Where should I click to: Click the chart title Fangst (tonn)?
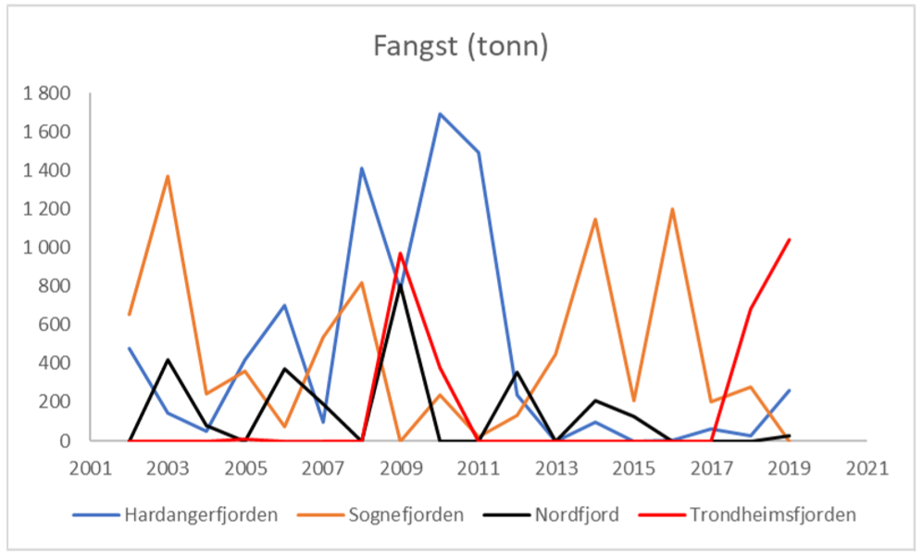pyautogui.click(x=460, y=46)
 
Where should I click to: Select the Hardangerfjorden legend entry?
pyautogui.click(x=200, y=514)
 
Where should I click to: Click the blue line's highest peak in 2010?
pyautogui.click(x=440, y=114)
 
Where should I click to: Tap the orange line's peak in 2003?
pyautogui.click(x=168, y=176)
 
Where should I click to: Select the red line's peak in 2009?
pyautogui.click(x=401, y=253)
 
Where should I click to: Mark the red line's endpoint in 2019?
pyautogui.click(x=789, y=240)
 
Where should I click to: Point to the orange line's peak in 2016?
pyautogui.click(x=672, y=209)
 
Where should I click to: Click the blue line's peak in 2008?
pyautogui.click(x=362, y=168)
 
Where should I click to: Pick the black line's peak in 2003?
pyautogui.click(x=168, y=360)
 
